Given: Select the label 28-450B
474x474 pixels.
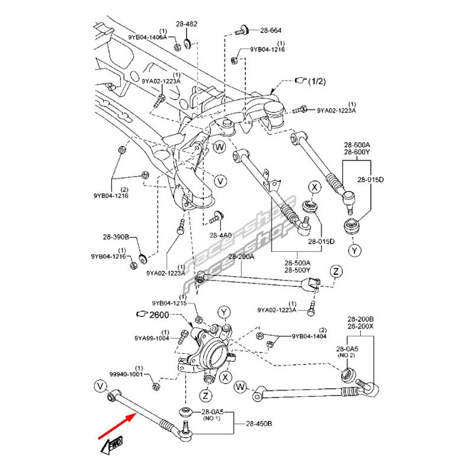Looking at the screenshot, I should coord(258,424).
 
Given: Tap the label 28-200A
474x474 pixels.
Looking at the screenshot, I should coord(241,257).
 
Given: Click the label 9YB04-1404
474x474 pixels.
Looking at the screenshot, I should coord(308,336).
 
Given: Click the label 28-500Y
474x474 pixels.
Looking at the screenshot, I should coord(298,270).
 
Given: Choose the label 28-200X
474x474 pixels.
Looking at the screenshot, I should coord(361,326).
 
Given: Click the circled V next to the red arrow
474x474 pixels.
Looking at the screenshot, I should coord(99,386).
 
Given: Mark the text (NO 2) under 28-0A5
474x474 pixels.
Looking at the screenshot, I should coord(346,355).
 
